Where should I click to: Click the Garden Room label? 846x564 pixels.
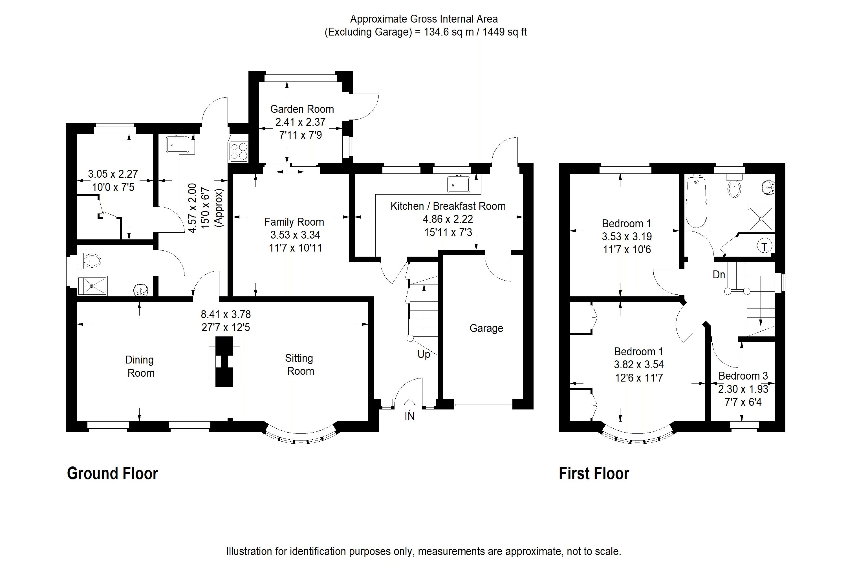(302, 109)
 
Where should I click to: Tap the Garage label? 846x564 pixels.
(486, 329)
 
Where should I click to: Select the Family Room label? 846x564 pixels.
(294, 222)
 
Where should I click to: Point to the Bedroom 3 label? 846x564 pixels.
(743, 376)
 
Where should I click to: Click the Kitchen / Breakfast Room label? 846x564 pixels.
(448, 206)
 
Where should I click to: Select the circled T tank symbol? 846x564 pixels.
(764, 246)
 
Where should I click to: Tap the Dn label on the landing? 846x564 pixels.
(719, 275)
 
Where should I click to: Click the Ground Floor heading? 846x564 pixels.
(112, 473)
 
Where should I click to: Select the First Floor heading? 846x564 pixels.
(594, 473)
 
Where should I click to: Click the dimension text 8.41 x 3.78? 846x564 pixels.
(226, 314)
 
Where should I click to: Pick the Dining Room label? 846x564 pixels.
(140, 366)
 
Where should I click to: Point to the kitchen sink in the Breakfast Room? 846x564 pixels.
(458, 184)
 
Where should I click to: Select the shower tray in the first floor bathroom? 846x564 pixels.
(760, 218)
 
